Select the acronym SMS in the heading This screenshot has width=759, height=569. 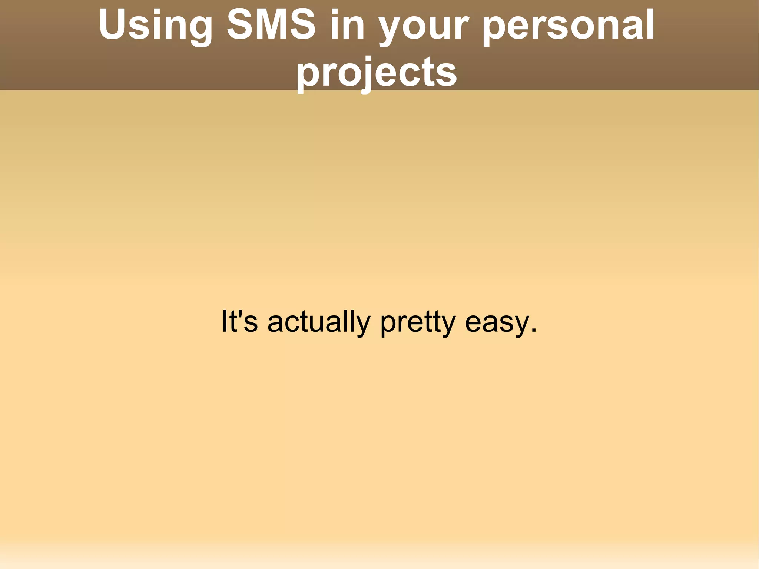tap(271, 25)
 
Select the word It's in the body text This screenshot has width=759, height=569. tap(239, 321)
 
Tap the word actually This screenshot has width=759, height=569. tap(319, 322)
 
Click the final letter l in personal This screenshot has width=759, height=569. tap(651, 24)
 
